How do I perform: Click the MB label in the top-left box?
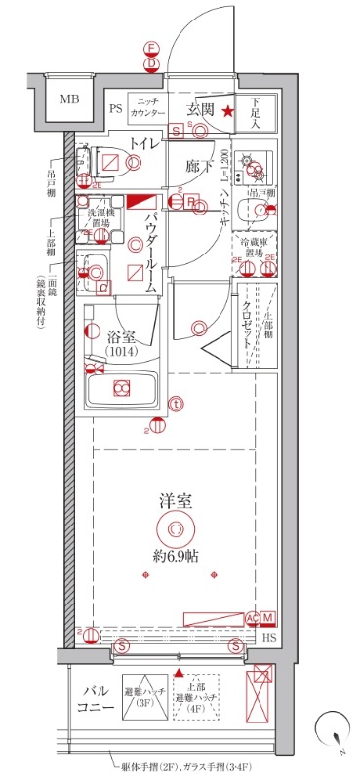[68, 99]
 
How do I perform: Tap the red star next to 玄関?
[227, 111]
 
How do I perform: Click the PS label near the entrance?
[115, 108]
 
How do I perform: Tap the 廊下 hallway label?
[199, 166]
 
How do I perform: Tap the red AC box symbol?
[252, 618]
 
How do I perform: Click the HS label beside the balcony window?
[269, 638]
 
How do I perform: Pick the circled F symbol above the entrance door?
[150, 48]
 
